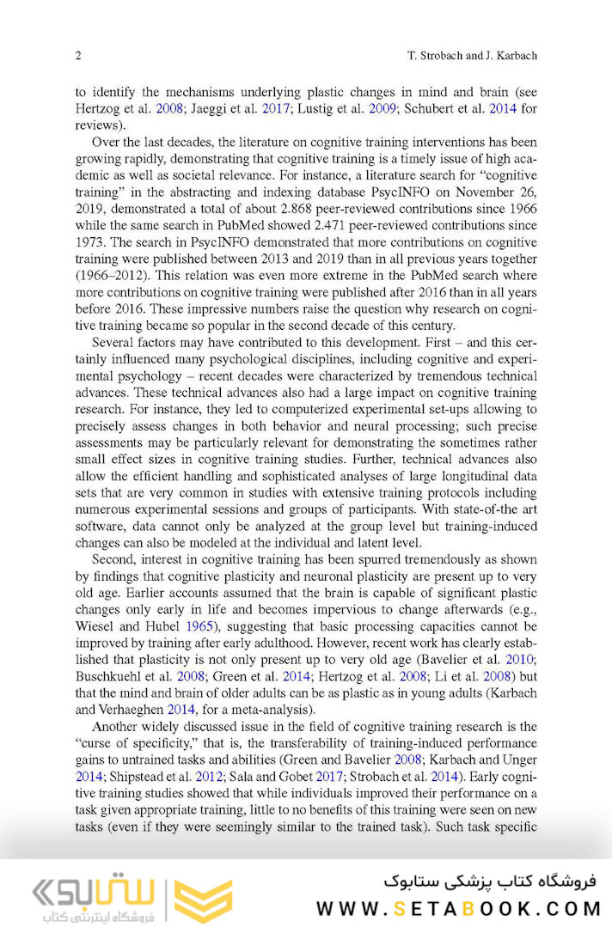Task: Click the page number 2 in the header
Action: point(78,56)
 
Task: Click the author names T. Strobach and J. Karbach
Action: point(471,56)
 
